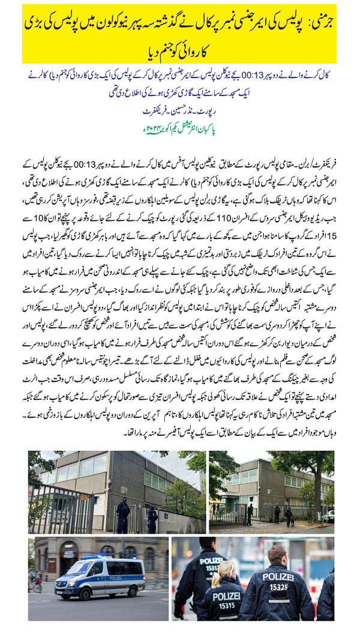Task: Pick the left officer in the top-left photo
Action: pyautogui.click(x=122, y=514)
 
